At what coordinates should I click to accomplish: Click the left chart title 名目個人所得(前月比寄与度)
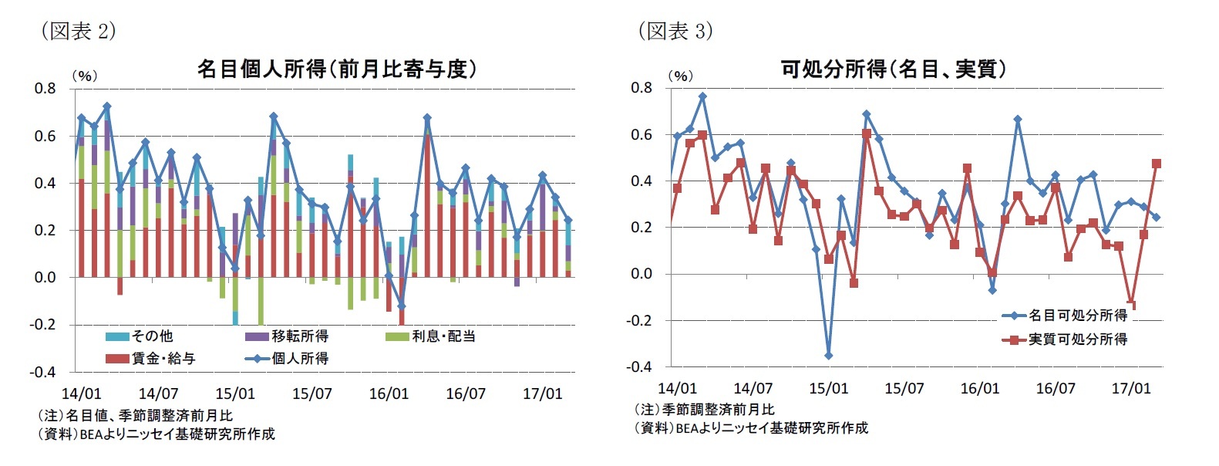click(x=337, y=69)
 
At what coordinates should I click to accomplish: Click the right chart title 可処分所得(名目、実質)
click(x=893, y=69)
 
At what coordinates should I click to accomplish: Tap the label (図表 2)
click(x=78, y=31)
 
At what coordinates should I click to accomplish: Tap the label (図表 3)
click(x=675, y=31)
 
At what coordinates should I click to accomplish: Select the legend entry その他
click(x=152, y=336)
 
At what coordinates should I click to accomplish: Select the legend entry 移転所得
click(x=300, y=336)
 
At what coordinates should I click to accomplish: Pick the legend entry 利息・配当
click(x=443, y=336)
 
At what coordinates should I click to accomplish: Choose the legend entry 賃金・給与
click(x=163, y=359)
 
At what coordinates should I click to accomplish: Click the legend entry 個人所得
click(x=300, y=359)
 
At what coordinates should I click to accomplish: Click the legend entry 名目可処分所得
click(x=1077, y=316)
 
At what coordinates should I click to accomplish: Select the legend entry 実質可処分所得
click(x=1077, y=339)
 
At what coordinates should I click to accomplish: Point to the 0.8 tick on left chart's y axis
click(x=45, y=89)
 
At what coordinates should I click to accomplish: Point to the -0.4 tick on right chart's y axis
click(x=640, y=366)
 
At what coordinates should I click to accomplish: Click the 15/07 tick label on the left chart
click(x=311, y=394)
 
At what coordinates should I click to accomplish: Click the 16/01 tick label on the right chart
click(x=979, y=389)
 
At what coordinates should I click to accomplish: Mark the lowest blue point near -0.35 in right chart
click(x=829, y=356)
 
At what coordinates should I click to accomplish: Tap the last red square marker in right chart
click(x=1156, y=164)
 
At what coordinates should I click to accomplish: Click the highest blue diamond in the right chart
click(x=702, y=96)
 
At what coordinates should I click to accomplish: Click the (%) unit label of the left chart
click(x=84, y=76)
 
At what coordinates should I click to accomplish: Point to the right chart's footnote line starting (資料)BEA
click(x=751, y=427)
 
